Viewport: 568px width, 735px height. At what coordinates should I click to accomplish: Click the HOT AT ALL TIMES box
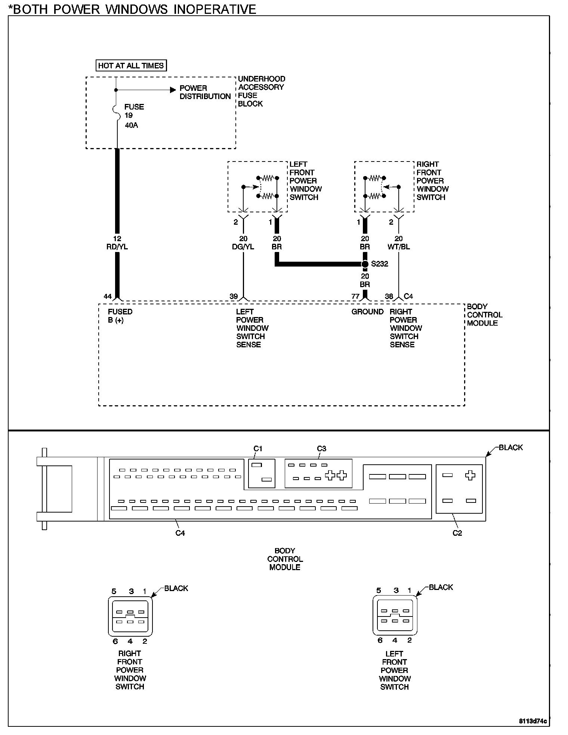pos(131,66)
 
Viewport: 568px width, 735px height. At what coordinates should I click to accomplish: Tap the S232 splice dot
pos(365,264)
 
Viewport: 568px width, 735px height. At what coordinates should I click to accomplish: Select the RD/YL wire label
pos(117,247)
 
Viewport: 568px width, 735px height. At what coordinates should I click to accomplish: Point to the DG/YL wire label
pos(243,247)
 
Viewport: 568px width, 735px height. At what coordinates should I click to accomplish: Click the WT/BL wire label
pos(399,247)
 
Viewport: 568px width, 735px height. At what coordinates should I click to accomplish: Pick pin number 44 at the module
pos(108,296)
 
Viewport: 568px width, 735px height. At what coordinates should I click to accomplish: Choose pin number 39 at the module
pos(234,296)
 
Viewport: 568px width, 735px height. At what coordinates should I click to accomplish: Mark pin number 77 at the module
pos(355,296)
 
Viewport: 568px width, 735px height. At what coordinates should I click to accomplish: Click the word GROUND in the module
pos(367,312)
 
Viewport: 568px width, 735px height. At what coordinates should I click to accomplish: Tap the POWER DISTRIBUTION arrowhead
pos(173,90)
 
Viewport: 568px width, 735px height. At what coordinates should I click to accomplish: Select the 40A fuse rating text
pos(131,125)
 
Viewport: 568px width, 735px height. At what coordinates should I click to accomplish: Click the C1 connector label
pos(258,449)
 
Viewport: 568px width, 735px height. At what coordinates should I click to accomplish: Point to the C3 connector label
pos(321,449)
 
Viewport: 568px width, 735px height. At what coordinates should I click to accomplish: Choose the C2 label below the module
pos(457,533)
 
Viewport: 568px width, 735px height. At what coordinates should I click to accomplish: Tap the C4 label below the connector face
pos(180,533)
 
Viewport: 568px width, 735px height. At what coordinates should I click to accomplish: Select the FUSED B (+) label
pos(120,316)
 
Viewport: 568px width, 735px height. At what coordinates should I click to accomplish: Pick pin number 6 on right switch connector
pos(115,641)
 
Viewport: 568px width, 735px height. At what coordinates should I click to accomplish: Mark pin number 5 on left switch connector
pos(379,590)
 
